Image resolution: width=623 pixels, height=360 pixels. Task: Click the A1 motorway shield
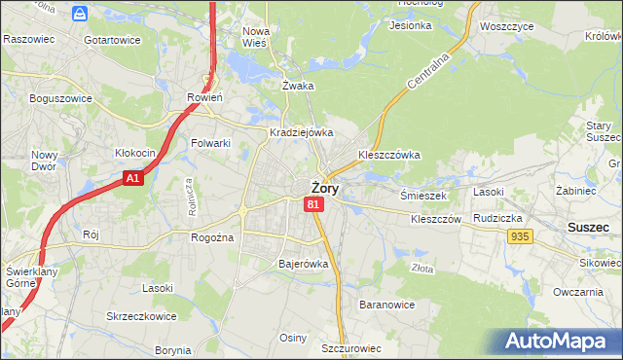pyautogui.click(x=133, y=178)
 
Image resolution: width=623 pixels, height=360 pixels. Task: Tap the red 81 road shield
pyautogui.click(x=312, y=204)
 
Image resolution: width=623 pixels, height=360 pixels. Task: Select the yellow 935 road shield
pyautogui.click(x=520, y=236)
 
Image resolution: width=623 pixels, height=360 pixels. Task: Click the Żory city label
pyautogui.click(x=324, y=189)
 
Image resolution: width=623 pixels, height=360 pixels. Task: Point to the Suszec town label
pyautogui.click(x=588, y=226)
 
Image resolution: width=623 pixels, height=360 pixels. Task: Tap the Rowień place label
pyautogui.click(x=204, y=97)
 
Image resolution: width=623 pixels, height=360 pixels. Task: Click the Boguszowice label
pyautogui.click(x=60, y=98)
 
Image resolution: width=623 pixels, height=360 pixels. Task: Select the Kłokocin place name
pyautogui.click(x=135, y=154)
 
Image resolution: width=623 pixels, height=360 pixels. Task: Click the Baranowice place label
pyautogui.click(x=387, y=305)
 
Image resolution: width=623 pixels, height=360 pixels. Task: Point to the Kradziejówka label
pyautogui.click(x=302, y=132)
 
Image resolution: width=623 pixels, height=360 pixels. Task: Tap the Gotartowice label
pyautogui.click(x=112, y=40)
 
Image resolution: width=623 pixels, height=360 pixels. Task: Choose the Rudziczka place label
pyautogui.click(x=499, y=218)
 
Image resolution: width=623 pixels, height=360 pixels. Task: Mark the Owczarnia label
pyautogui.click(x=578, y=292)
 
